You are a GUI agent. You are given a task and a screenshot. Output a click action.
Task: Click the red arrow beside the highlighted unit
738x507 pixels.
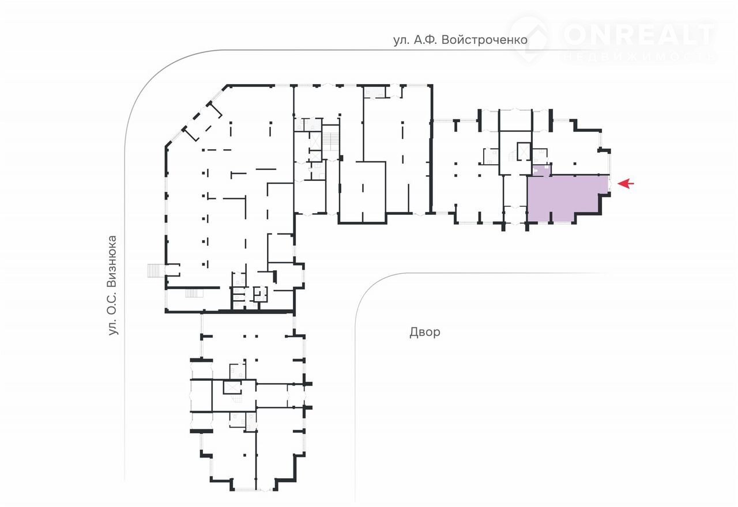[x=626, y=183]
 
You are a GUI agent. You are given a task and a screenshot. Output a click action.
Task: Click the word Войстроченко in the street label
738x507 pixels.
[x=484, y=40]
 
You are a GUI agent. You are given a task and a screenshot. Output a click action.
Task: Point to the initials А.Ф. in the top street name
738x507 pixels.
[x=425, y=40]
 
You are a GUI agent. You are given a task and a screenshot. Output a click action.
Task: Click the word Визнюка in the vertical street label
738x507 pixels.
[x=112, y=262]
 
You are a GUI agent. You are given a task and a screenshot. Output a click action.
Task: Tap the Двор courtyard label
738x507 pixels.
[x=425, y=332]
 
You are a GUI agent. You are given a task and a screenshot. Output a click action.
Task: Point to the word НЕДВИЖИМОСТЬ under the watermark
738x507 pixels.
[x=639, y=56]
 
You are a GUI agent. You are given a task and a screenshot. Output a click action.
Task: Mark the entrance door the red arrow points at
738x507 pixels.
[x=610, y=184]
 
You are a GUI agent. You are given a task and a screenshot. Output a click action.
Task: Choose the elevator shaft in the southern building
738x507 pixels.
[x=232, y=387]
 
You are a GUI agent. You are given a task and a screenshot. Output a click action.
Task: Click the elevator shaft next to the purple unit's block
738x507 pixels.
[x=524, y=151]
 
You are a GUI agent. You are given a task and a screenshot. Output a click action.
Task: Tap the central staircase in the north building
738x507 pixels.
[x=330, y=138]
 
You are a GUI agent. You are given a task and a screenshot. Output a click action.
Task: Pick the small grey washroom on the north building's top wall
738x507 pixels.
[x=374, y=92]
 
